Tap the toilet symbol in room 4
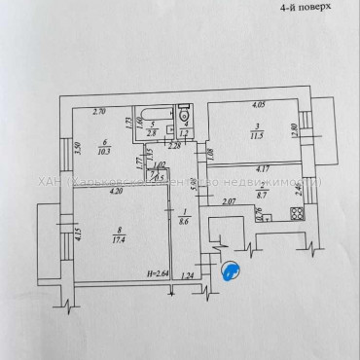[186, 124]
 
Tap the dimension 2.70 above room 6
[99, 113]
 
